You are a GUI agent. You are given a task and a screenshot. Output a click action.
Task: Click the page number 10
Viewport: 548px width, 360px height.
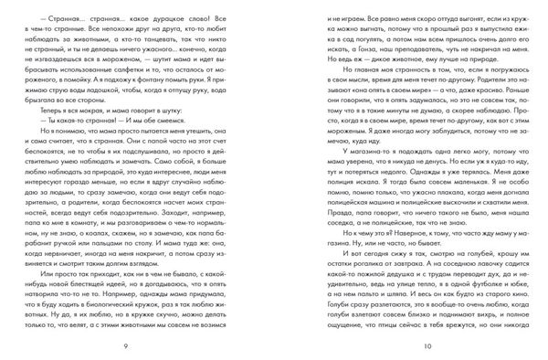pyautogui.click(x=413, y=345)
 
